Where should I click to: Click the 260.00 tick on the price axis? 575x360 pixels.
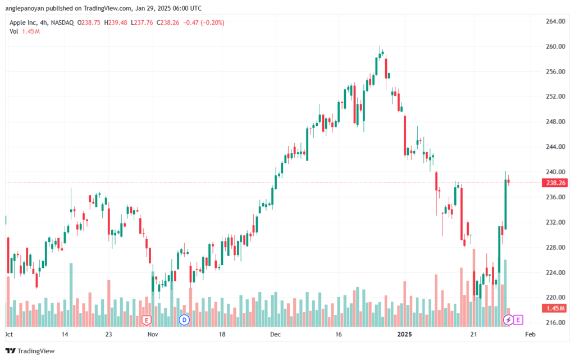point(555,47)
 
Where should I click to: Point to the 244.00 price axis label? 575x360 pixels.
point(555,147)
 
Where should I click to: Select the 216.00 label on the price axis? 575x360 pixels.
point(555,322)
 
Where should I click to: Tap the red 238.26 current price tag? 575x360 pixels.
point(555,183)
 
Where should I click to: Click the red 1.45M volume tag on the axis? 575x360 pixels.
point(555,308)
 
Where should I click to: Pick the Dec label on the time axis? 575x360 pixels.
point(275,334)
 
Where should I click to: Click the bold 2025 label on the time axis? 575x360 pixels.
point(405,334)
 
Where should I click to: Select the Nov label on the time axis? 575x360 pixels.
point(153,334)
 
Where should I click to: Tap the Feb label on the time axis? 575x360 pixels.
point(530,334)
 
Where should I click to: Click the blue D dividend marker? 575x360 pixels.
point(184,320)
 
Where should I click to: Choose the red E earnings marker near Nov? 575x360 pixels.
point(147,321)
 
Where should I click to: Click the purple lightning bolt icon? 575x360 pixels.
point(508,320)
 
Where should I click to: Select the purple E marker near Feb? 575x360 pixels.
point(518,320)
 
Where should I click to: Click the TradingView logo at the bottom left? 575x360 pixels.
point(30,351)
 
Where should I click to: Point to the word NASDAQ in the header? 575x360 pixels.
point(62,22)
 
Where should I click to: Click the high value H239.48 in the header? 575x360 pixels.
point(116,22)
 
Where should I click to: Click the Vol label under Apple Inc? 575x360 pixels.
point(13,31)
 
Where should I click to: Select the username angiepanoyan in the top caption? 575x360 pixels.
point(25,8)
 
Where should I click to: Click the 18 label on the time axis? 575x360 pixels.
point(222,334)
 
